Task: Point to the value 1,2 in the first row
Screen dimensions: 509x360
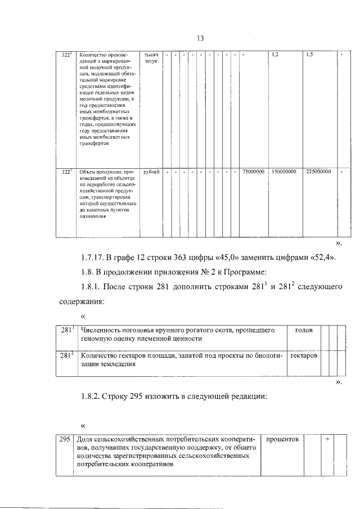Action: point(275,55)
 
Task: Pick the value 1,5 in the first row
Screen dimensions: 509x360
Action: point(309,55)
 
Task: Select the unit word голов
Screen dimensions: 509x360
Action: point(304,330)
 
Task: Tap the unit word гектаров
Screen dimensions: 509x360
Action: point(304,355)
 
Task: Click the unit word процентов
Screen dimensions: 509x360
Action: point(283,438)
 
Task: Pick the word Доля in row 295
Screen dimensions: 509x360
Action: point(84,438)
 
